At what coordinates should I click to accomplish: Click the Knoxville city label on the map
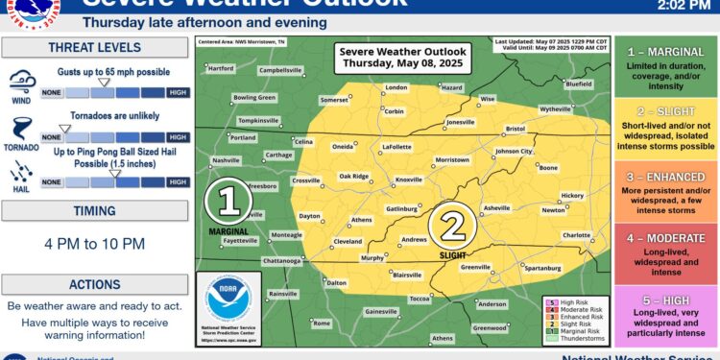410,180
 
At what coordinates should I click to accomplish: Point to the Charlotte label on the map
576,234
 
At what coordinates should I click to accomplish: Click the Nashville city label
226,159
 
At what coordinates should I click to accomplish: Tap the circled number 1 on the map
228,201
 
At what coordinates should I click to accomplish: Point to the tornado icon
20,131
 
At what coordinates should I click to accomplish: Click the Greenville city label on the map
475,267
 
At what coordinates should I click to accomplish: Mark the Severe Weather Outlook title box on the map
388,59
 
